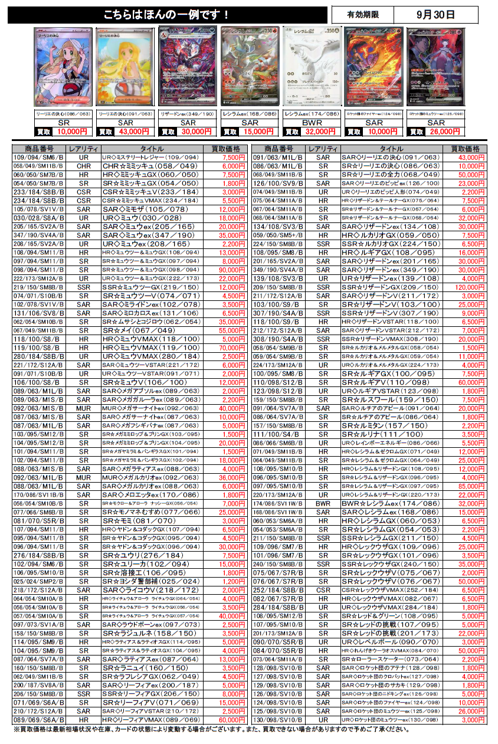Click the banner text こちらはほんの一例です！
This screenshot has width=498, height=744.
(x=166, y=15)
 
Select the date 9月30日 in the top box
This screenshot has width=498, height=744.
(x=435, y=15)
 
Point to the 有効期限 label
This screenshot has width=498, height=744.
(x=363, y=15)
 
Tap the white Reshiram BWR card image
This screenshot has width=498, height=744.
(x=312, y=67)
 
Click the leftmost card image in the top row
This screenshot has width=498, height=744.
(x=64, y=67)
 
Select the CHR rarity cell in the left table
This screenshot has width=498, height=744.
(x=83, y=166)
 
